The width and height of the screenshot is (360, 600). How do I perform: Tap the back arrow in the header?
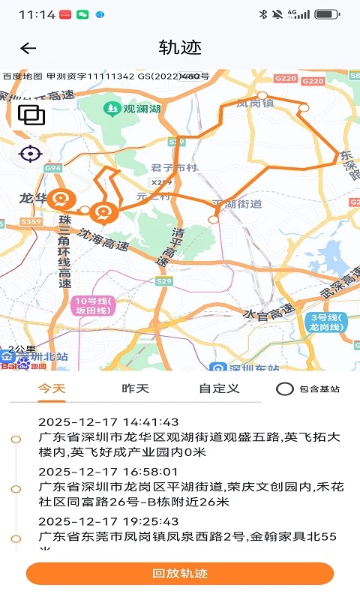click(x=28, y=49)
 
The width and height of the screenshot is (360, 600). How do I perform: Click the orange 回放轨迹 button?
click(x=180, y=574)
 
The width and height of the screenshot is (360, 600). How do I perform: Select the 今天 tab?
click(x=52, y=388)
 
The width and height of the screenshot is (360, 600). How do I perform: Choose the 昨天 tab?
click(x=135, y=388)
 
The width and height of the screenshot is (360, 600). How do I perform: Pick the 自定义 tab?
click(x=219, y=388)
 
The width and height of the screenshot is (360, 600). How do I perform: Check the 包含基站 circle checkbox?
click(x=285, y=389)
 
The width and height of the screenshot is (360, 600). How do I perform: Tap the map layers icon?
click(x=31, y=115)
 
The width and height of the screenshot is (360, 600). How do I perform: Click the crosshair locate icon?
click(x=31, y=154)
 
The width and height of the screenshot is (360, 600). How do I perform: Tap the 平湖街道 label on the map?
click(x=238, y=203)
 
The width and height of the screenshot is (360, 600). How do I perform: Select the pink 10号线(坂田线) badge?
click(x=93, y=306)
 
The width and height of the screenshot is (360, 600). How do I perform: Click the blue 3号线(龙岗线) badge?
click(x=325, y=322)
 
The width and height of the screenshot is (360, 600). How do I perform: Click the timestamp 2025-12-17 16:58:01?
click(x=109, y=472)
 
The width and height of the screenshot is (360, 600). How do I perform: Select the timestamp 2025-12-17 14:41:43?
click(x=109, y=422)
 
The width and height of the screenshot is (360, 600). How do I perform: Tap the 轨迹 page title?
click(x=180, y=48)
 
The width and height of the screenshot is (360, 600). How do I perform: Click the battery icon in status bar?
click(x=327, y=14)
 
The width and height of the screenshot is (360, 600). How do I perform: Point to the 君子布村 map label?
click(x=173, y=168)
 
